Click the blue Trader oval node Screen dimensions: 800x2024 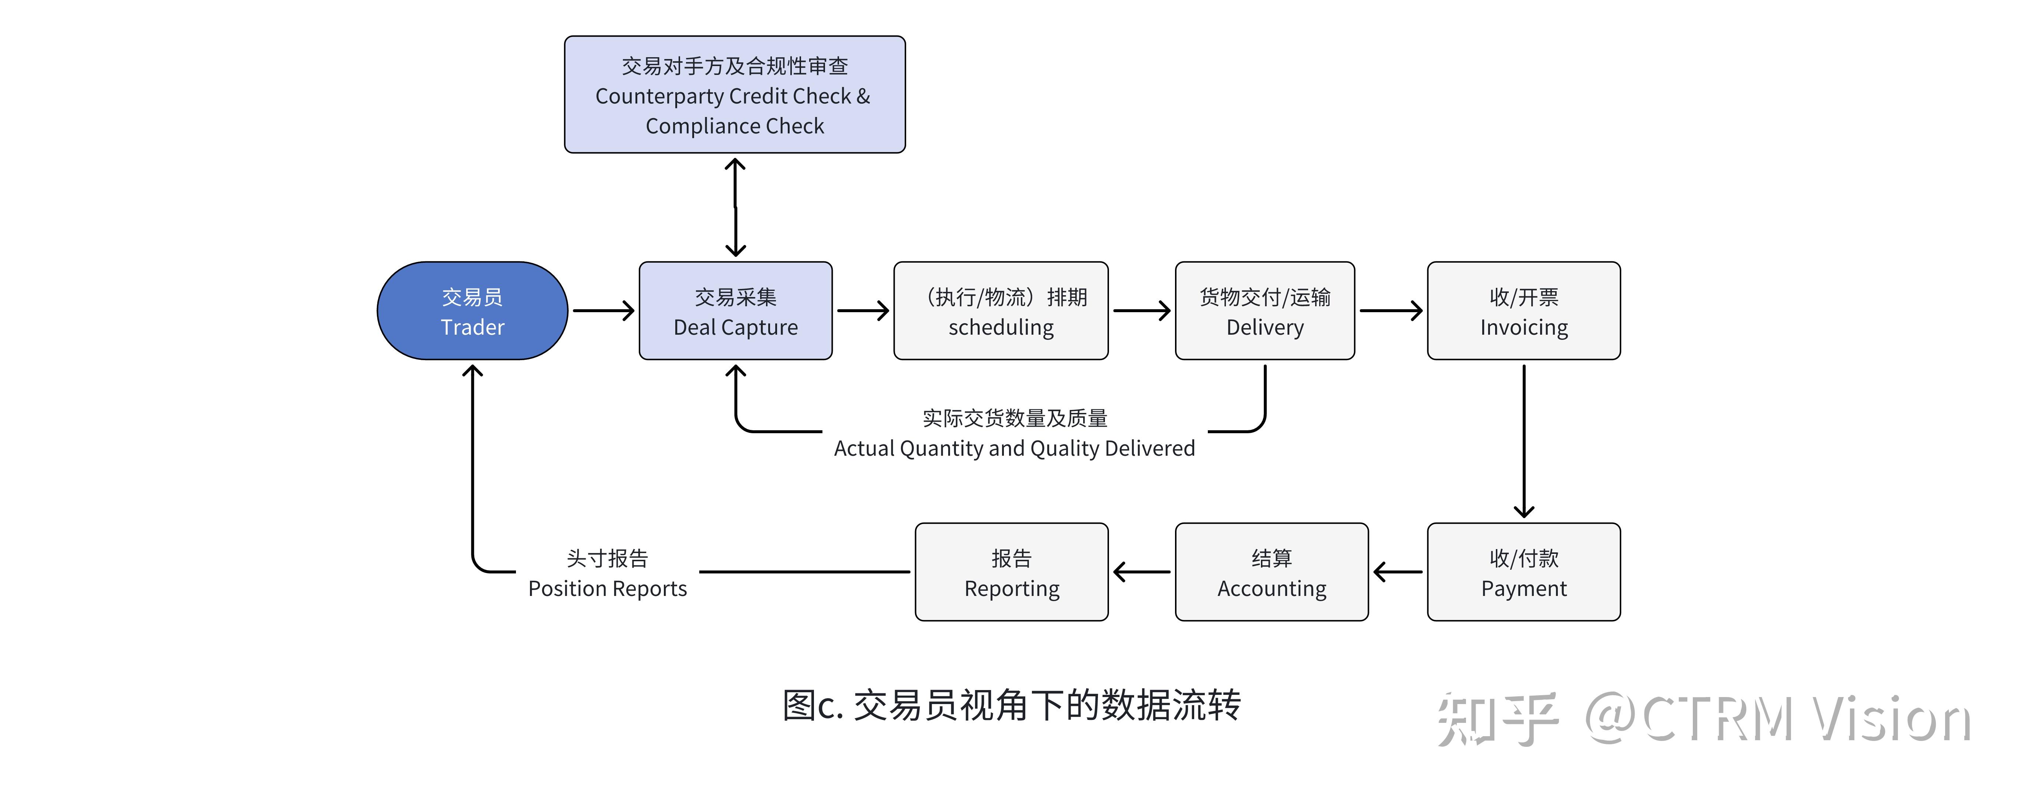(x=472, y=311)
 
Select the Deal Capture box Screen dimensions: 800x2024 (x=735, y=311)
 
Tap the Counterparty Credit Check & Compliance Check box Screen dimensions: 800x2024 (x=735, y=94)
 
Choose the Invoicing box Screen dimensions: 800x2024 (x=1524, y=311)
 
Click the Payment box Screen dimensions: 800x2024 (x=1524, y=572)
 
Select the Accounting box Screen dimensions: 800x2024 (x=1271, y=572)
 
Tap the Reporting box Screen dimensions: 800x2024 (x=1011, y=572)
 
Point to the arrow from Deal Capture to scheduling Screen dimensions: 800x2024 (x=863, y=310)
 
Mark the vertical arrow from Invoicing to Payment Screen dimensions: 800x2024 (x=1524, y=440)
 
